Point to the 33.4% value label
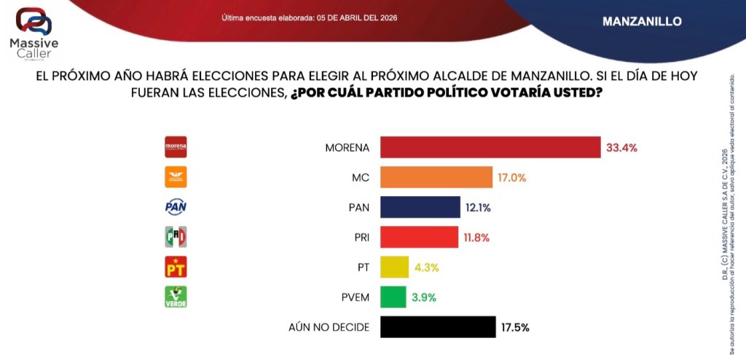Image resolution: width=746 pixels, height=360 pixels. tap(621, 148)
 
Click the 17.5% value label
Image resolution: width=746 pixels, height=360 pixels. tap(515, 327)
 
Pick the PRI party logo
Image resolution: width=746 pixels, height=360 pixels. tap(176, 238)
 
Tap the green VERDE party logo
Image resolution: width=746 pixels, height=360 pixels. tap(176, 297)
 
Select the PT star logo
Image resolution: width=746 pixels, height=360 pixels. tap(176, 267)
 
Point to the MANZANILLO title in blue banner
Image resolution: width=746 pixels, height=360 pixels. tap(642, 22)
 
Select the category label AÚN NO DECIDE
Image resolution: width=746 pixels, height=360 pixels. tap(329, 327)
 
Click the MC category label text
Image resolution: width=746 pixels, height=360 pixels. tap(360, 178)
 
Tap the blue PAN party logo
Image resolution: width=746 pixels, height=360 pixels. tap(176, 208)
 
